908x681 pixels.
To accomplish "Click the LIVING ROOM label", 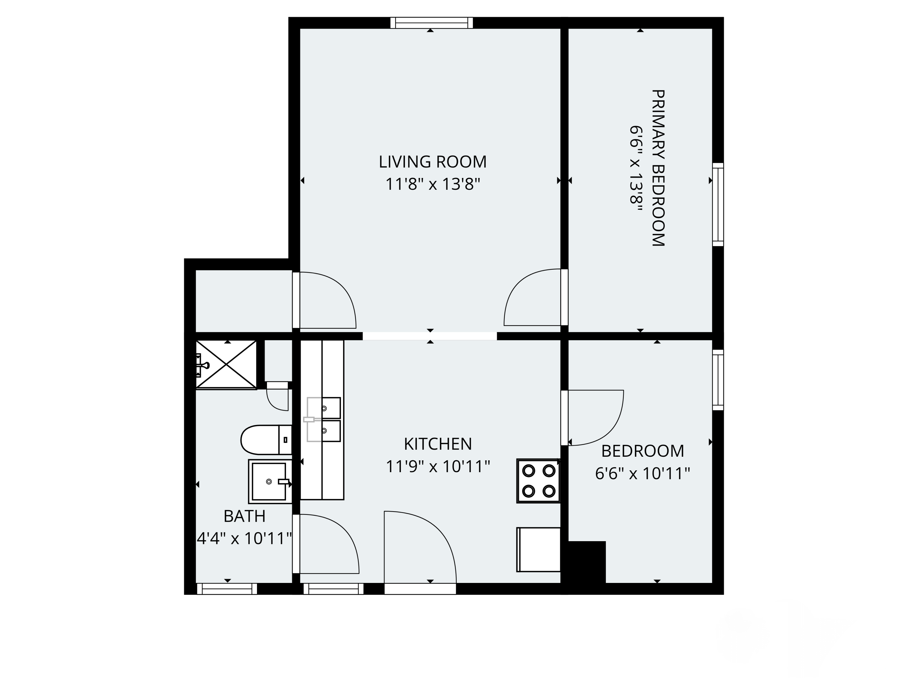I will (x=432, y=162).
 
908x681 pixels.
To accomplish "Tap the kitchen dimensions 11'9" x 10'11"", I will (x=438, y=467).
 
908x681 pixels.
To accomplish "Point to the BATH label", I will (x=244, y=516).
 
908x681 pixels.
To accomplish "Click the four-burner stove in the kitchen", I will (x=538, y=481).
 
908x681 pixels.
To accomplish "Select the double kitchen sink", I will (x=324, y=419).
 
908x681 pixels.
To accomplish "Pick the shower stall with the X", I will (x=226, y=364).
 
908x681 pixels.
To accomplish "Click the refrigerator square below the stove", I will (x=538, y=550).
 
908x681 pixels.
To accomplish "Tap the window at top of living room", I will (x=431, y=23).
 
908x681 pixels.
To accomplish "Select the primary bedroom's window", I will (x=718, y=204).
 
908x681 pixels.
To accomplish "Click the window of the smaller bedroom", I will (x=718, y=380).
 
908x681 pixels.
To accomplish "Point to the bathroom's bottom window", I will (x=227, y=589).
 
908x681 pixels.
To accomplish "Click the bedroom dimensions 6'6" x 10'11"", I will (x=643, y=474).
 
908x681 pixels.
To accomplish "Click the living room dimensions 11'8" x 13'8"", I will (x=432, y=184).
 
